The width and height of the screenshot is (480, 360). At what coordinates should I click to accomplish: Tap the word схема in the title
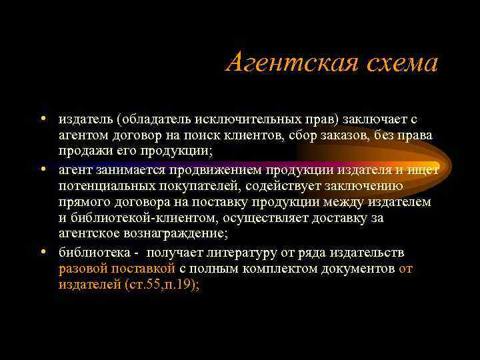click(x=397, y=63)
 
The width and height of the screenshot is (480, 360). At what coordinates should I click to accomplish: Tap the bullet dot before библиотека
click(x=42, y=253)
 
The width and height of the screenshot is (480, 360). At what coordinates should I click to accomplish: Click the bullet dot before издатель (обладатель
click(x=42, y=119)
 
